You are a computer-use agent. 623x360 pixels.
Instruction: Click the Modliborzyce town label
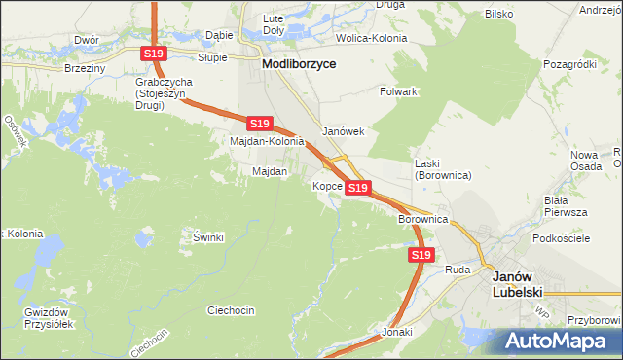click(x=299, y=62)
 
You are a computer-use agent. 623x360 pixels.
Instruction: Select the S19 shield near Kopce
click(x=358, y=188)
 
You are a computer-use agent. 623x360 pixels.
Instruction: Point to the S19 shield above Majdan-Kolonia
click(x=258, y=124)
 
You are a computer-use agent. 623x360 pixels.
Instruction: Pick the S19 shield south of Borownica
click(x=421, y=255)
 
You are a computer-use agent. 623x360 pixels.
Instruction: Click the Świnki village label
click(x=208, y=237)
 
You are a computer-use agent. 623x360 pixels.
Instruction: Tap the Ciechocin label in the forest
click(x=231, y=310)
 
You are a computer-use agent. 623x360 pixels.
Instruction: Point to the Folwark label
click(x=397, y=91)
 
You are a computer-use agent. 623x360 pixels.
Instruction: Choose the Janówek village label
click(x=343, y=131)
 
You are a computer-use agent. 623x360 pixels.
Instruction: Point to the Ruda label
click(x=458, y=269)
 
